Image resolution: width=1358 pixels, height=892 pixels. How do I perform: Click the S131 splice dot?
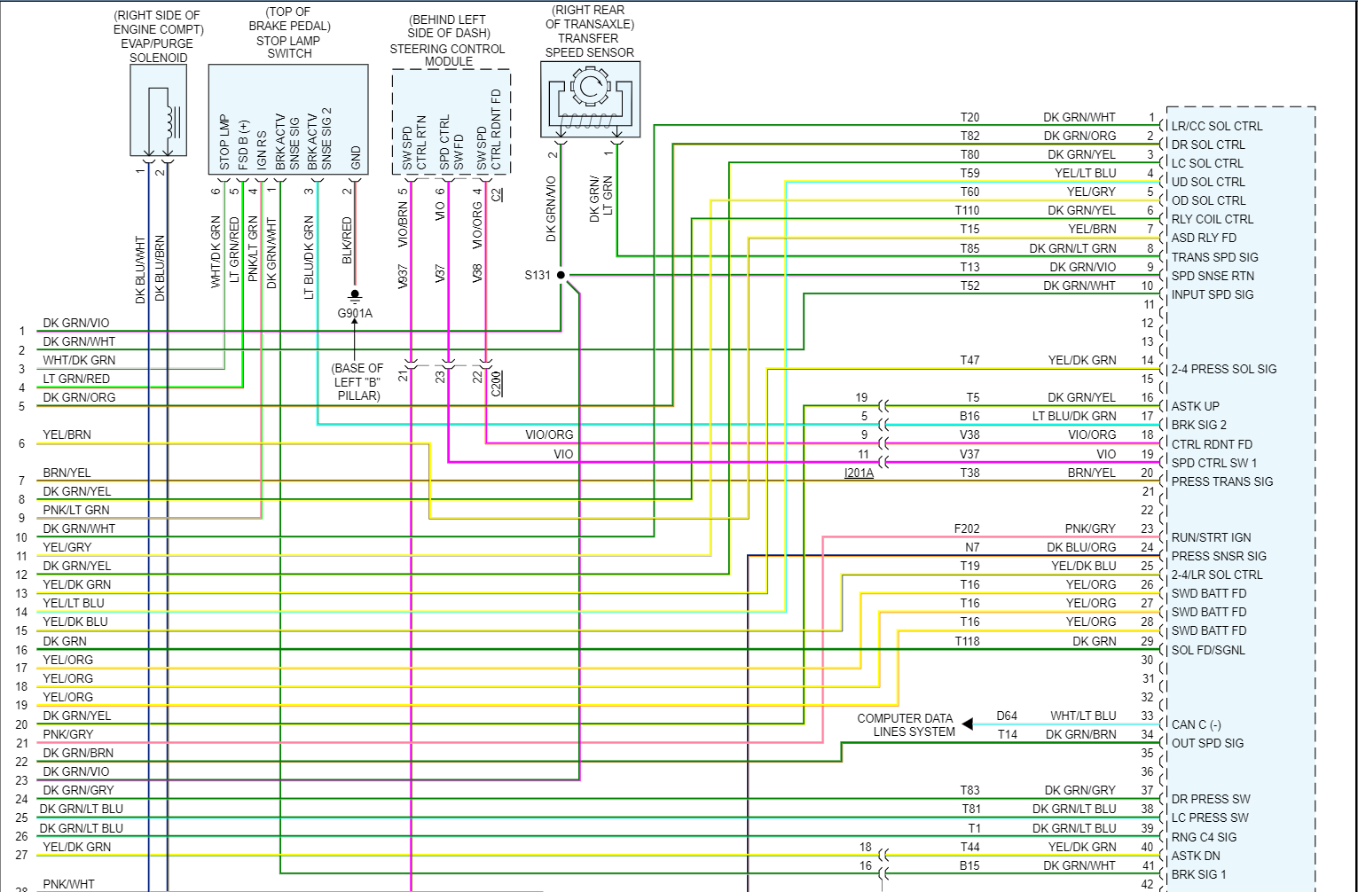pos(561,275)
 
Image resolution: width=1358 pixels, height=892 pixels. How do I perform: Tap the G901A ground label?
pos(355,313)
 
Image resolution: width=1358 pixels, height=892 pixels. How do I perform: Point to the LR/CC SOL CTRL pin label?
pos(1216,126)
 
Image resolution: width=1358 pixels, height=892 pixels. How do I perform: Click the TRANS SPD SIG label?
pos(1214,257)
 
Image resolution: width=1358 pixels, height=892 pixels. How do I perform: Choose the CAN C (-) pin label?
pos(1196,724)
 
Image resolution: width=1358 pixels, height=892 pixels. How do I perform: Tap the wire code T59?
pos(969,173)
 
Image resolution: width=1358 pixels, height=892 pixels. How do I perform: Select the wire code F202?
pos(967,528)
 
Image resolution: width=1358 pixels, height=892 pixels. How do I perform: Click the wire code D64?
pos(1007,716)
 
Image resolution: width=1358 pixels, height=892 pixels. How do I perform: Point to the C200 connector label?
pos(497,382)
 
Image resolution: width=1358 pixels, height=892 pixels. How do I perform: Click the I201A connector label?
pos(859,473)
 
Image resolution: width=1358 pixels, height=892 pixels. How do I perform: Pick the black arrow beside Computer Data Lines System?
pos(968,724)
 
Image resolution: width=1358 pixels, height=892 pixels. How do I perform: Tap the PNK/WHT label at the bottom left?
pos(68,884)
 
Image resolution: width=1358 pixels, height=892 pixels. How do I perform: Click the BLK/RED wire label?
pos(347,240)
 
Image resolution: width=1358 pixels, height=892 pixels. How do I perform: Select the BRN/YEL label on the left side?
pos(67,473)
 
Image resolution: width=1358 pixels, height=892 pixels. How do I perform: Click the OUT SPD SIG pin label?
pos(1207,743)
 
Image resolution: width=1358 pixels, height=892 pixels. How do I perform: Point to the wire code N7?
pos(972,547)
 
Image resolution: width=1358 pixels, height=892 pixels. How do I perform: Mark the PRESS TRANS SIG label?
pos(1221,481)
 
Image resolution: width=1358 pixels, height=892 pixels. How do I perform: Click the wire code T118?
pos(967,641)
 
